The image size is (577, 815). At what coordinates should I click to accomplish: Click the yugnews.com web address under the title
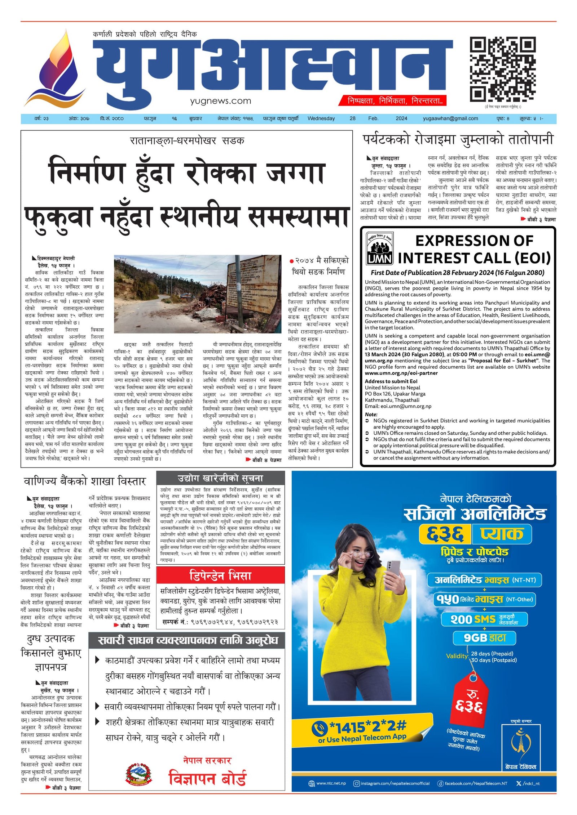(220, 101)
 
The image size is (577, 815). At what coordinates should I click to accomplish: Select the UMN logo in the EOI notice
(379, 248)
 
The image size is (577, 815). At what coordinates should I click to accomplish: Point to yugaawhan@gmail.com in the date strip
(450, 118)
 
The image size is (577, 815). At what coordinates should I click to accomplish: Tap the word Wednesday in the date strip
(321, 118)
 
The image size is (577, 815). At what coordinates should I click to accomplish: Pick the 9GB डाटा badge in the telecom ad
(484, 638)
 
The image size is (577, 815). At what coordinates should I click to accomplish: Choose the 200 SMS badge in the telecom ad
(484, 619)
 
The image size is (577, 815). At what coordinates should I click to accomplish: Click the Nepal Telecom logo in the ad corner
(521, 746)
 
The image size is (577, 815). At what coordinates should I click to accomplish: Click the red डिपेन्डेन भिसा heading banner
(220, 575)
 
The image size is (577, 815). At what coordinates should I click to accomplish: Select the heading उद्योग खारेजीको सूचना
(220, 478)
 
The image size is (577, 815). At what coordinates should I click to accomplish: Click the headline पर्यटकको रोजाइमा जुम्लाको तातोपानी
(458, 140)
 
